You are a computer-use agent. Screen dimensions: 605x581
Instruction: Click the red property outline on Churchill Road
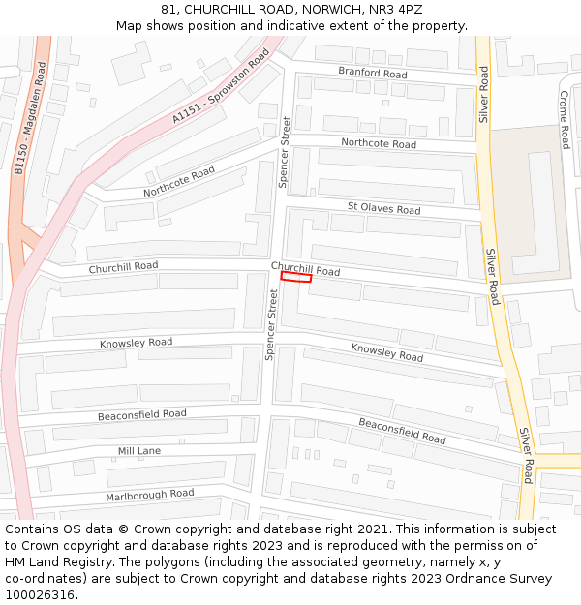(x=296, y=277)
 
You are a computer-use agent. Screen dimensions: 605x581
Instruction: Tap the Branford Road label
(x=372, y=73)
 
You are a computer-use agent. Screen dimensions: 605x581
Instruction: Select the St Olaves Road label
(x=383, y=208)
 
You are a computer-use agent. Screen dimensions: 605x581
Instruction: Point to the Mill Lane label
(x=139, y=451)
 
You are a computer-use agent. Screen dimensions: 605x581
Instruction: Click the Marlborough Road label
(x=149, y=495)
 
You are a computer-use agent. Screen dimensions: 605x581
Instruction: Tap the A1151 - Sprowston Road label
(x=220, y=87)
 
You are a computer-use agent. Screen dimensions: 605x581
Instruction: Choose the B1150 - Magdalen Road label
(x=30, y=118)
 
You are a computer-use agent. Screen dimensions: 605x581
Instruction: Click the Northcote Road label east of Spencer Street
(x=379, y=143)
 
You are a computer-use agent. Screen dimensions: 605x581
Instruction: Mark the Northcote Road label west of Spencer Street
(x=179, y=181)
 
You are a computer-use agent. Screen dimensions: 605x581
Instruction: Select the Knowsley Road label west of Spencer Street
(x=136, y=343)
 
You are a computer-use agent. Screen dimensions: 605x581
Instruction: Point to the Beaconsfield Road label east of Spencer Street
(x=402, y=431)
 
